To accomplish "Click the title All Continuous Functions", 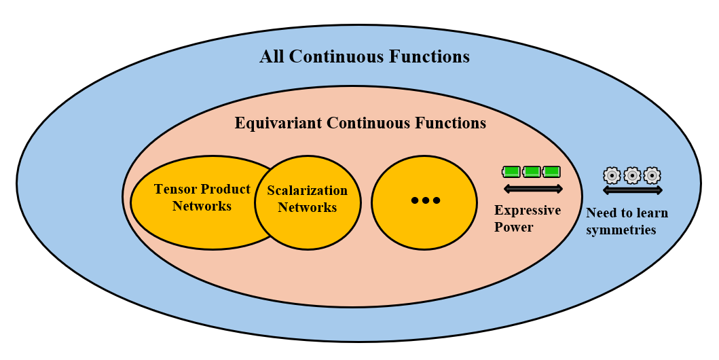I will (364, 56).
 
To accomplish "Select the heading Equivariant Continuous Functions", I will (360, 124).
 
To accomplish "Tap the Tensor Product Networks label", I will (202, 197).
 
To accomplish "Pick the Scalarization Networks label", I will (307, 199).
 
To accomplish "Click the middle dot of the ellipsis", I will (425, 200).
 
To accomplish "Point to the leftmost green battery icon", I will (512, 171).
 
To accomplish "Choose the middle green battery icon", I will (532, 171).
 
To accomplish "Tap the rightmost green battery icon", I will (552, 171).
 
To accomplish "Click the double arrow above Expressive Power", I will (533, 188).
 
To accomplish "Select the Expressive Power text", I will (528, 218).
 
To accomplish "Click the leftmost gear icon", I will (612, 175).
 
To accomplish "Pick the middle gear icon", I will (632, 175).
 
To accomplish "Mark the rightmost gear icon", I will (652, 175).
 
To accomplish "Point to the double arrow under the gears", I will (632, 190).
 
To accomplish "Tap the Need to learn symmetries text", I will (627, 221).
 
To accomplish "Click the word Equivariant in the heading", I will (278, 124).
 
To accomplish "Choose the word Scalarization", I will (307, 191).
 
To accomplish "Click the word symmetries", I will (621, 230).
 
